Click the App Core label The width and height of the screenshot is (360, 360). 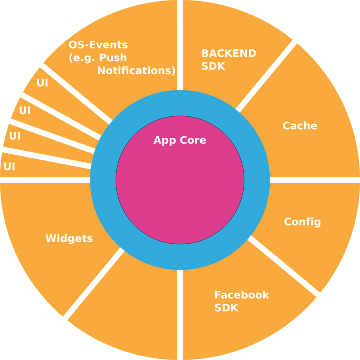click(180, 140)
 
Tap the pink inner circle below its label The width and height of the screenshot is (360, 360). click(180, 192)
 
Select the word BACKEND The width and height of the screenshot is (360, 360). click(228, 54)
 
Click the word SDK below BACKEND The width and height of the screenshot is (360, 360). click(213, 66)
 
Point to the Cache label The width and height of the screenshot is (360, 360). click(300, 126)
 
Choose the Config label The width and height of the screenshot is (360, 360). click(302, 222)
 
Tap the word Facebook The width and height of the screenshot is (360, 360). click(242, 295)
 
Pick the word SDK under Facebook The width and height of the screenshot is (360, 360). click(226, 308)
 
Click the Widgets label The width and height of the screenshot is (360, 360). click(69, 238)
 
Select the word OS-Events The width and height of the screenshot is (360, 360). click(98, 45)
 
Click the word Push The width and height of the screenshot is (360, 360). click(113, 58)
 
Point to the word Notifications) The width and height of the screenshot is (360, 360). click(136, 71)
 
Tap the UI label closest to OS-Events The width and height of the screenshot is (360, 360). click(42, 83)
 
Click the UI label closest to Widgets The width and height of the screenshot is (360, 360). click(9, 166)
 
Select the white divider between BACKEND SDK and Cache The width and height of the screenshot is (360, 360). click(266, 76)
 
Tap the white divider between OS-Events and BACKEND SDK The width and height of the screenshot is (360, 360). click(180, 44)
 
